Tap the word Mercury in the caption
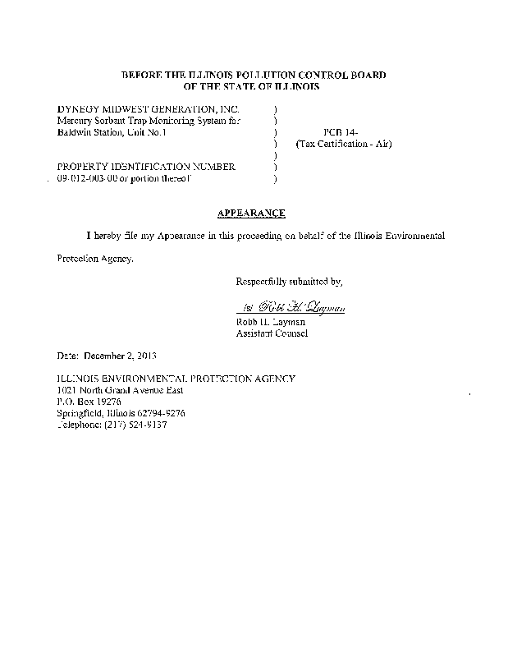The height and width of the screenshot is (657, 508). point(74,120)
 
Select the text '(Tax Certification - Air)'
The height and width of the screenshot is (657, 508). point(343,144)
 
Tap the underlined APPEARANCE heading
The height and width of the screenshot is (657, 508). point(251,214)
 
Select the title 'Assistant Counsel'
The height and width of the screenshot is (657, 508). point(272,333)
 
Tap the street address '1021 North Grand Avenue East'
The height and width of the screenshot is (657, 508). point(125,390)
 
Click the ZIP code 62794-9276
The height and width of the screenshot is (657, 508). point(161,413)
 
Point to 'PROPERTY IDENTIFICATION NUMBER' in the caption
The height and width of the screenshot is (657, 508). point(146,167)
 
